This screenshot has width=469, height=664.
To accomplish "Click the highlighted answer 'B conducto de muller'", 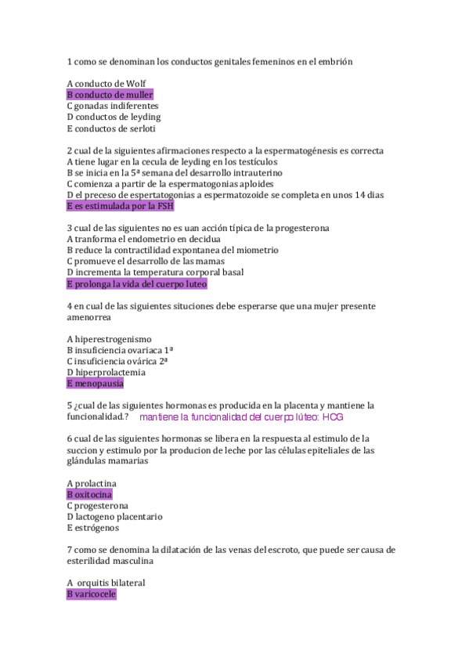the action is click(x=110, y=95).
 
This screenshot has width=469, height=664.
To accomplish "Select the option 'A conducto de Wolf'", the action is click(x=106, y=84).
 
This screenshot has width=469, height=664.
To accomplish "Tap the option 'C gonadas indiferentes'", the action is click(x=113, y=106).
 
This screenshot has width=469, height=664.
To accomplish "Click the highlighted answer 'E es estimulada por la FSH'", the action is click(x=121, y=206).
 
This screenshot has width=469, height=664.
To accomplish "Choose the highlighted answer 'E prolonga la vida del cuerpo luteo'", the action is click(x=137, y=283).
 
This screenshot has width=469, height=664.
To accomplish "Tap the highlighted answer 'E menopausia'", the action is click(x=96, y=384).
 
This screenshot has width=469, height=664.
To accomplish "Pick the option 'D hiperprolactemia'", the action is click(x=106, y=373).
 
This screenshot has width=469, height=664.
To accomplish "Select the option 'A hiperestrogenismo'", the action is click(x=109, y=339).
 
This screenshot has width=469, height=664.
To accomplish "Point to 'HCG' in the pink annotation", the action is click(x=333, y=417).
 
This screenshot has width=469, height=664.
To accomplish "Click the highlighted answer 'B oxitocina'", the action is click(x=89, y=495).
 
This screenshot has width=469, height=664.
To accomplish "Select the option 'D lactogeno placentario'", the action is click(x=114, y=517).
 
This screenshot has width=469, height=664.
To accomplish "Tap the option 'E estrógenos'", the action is click(x=93, y=528).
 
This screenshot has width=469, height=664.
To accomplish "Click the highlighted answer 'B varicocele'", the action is click(x=91, y=594).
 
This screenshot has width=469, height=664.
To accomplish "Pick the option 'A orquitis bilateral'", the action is click(x=106, y=583).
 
